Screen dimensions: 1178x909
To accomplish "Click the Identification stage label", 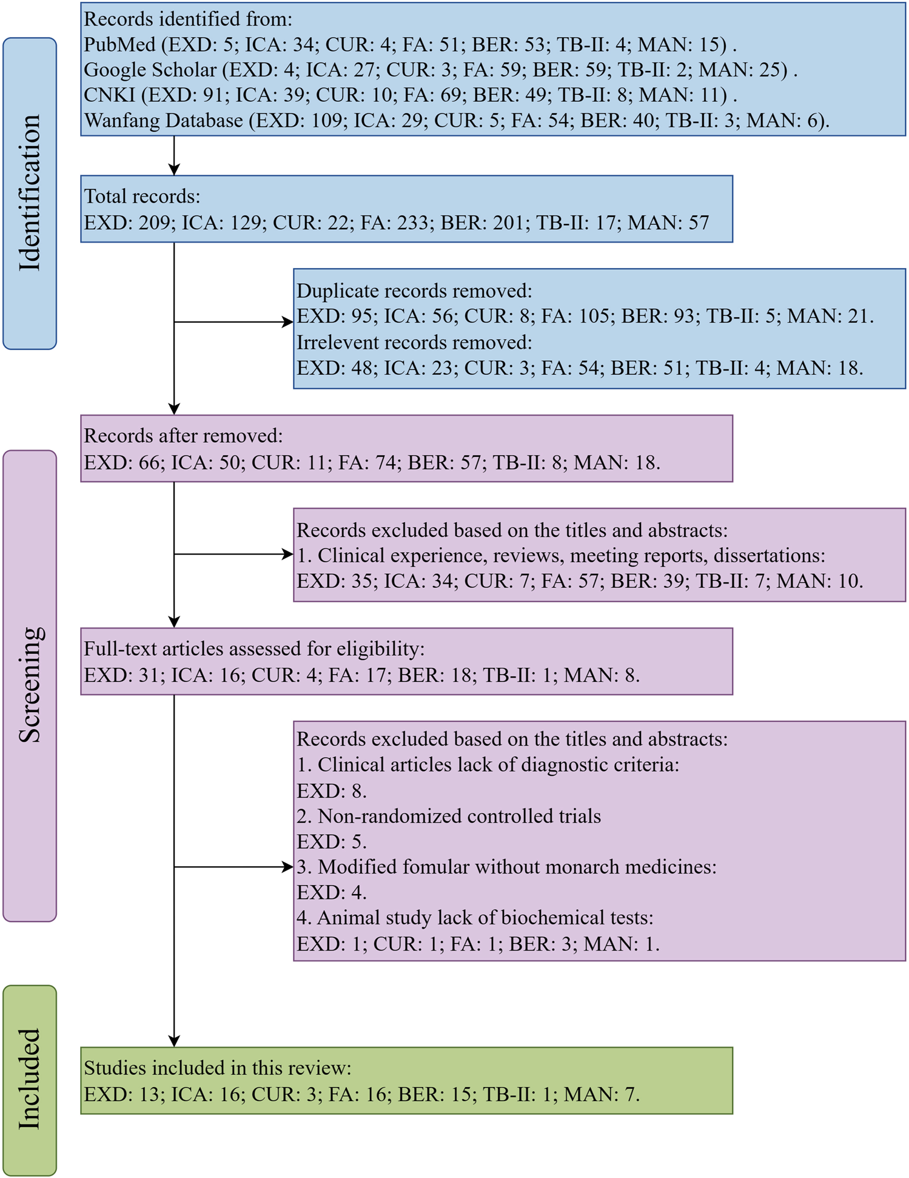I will click(x=29, y=193).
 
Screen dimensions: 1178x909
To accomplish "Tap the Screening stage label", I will click(x=29, y=685).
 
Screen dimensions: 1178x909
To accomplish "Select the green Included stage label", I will click(x=29, y=1079).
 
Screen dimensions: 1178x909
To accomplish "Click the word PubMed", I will click(x=119, y=45).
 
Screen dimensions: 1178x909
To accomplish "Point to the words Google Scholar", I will click(x=150, y=70).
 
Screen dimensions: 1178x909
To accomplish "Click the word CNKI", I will click(x=109, y=95).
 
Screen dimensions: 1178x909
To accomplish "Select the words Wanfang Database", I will click(x=164, y=121).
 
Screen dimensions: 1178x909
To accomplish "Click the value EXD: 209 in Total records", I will click(x=127, y=223).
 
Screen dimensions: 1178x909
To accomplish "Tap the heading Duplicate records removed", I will click(x=414, y=291).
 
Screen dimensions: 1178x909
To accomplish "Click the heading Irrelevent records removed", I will click(x=414, y=343).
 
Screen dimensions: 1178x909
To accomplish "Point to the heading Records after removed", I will click(x=183, y=436).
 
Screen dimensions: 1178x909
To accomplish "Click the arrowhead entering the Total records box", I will click(x=174, y=170).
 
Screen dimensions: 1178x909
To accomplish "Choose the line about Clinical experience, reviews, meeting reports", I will click(x=561, y=556).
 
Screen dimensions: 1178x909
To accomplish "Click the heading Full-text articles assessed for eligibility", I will click(x=253, y=649).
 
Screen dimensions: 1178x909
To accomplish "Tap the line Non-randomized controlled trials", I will click(x=449, y=816).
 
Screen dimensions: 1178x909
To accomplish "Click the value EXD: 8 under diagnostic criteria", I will click(x=331, y=791).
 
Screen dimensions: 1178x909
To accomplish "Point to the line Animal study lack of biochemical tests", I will click(x=475, y=918).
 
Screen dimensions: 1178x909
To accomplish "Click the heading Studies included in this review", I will click(x=217, y=1068).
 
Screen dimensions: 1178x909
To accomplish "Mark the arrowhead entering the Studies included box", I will click(x=174, y=1041).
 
